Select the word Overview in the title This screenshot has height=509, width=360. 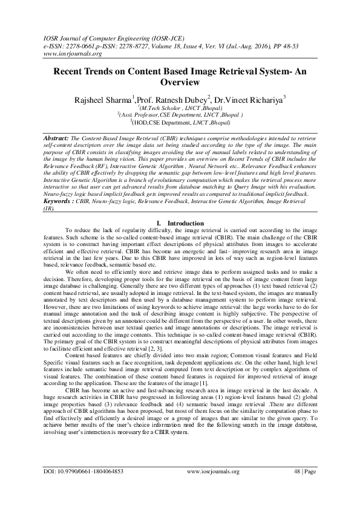click(180, 82)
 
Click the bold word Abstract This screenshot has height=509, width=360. click(57, 138)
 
